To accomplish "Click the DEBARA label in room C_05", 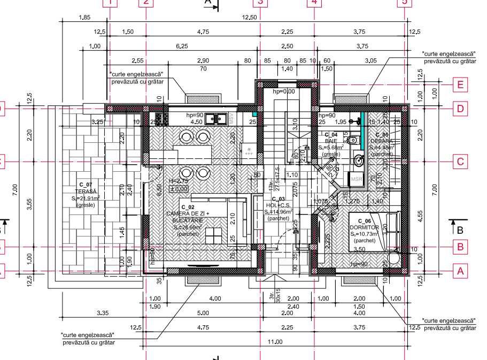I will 382,141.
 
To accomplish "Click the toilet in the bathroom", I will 352,140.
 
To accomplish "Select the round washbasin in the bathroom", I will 359,159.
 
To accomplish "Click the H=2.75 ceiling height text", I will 178,181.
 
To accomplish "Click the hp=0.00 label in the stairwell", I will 284,91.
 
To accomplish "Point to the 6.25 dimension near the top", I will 182,46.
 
